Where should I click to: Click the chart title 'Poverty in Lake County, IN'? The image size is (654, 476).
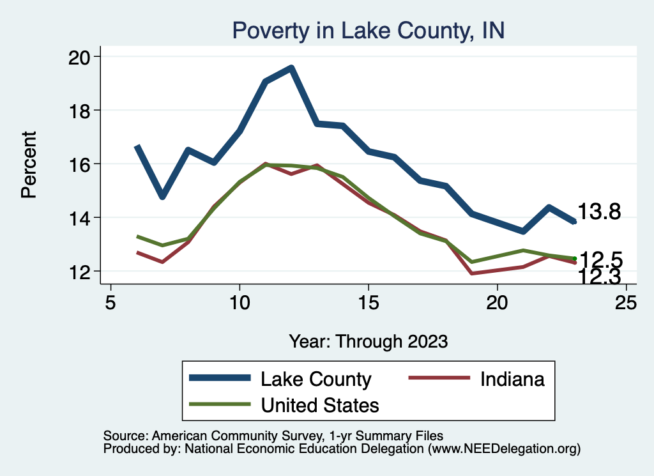click(x=369, y=30)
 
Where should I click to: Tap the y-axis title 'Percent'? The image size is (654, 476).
click(x=29, y=165)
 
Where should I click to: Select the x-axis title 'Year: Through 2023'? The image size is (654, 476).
click(x=368, y=341)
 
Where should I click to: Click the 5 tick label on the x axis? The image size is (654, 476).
click(x=110, y=302)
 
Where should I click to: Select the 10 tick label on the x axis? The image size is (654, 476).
click(x=240, y=302)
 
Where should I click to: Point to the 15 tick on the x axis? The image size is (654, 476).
click(x=369, y=302)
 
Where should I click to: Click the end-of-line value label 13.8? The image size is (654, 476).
click(x=599, y=212)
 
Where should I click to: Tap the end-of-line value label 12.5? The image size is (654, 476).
click(x=601, y=259)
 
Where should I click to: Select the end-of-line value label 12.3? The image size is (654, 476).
click(x=600, y=277)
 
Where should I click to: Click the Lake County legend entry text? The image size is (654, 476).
click(x=316, y=379)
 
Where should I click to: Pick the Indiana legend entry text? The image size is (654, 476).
click(x=512, y=379)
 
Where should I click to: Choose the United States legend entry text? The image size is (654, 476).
click(x=320, y=404)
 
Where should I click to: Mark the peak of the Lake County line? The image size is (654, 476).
click(x=291, y=68)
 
